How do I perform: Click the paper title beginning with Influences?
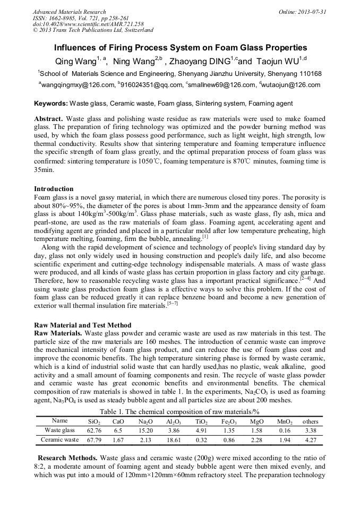pyautogui.click(x=179, y=47)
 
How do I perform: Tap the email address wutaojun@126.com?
pyautogui.click(x=290, y=85)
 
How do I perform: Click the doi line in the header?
pyautogui.click(x=88, y=24)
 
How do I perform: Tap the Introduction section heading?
pyautogui.click(x=54, y=189)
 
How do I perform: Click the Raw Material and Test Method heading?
pyautogui.click(x=82, y=325)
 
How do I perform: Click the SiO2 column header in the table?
pyautogui.click(x=94, y=421)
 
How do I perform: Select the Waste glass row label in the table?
pyautogui.click(x=59, y=430)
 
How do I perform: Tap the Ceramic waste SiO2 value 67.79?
pyautogui.click(x=94, y=440)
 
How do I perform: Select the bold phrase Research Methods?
pyautogui.click(x=67, y=458)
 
